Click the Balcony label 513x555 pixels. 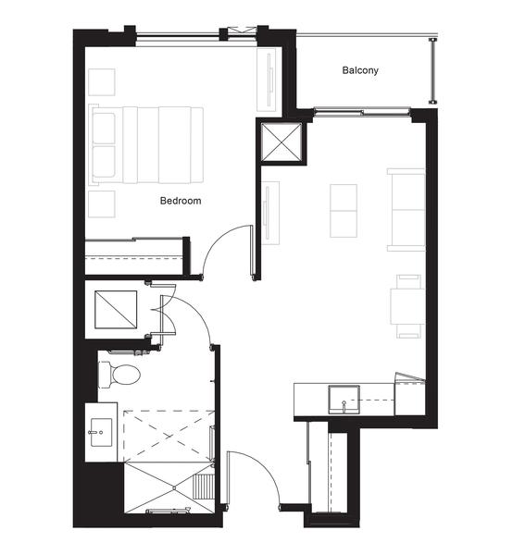(x=360, y=70)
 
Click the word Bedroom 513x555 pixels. (x=181, y=201)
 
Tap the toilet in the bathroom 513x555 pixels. (x=119, y=374)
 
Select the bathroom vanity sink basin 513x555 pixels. (x=101, y=432)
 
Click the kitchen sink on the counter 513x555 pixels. (x=344, y=400)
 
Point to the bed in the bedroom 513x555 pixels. (x=146, y=145)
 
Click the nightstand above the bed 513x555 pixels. (x=102, y=82)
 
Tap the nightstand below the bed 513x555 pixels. (x=102, y=203)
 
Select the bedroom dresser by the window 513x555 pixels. (x=266, y=80)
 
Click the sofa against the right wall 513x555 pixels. (x=406, y=210)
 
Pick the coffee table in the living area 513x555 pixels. (x=344, y=211)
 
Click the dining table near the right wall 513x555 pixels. (x=407, y=306)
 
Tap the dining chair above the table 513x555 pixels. (x=408, y=281)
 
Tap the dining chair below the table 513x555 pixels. (x=408, y=331)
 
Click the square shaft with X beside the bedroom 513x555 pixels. (x=282, y=142)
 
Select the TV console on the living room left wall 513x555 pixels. (x=270, y=213)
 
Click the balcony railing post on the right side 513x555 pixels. (x=432, y=70)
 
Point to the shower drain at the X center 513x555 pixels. (x=175, y=487)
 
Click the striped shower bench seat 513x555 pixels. (x=203, y=487)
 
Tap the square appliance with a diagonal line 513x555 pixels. (x=116, y=309)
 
